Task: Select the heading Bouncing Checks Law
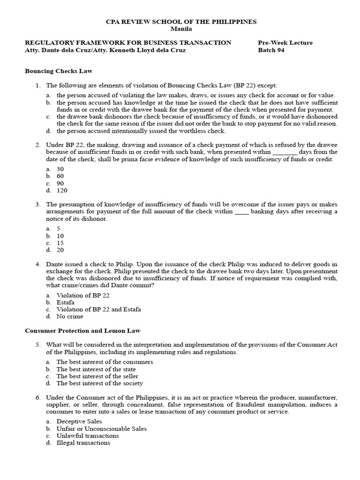point(59,71)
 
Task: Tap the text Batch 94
point(271,50)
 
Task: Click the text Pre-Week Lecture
point(285,43)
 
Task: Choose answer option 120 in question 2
point(62,190)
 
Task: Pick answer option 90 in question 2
point(60,183)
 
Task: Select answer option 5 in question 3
point(59,228)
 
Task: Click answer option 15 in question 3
point(60,243)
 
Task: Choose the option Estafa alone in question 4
point(66,302)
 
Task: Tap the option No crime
point(70,316)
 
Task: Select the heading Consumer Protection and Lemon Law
point(82,330)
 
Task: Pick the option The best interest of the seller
point(97,376)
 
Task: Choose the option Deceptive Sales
point(79,421)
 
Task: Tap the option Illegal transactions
point(83,442)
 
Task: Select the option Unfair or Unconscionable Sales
point(102,428)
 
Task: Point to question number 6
point(38,397)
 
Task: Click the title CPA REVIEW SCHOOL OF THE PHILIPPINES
point(181,22)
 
